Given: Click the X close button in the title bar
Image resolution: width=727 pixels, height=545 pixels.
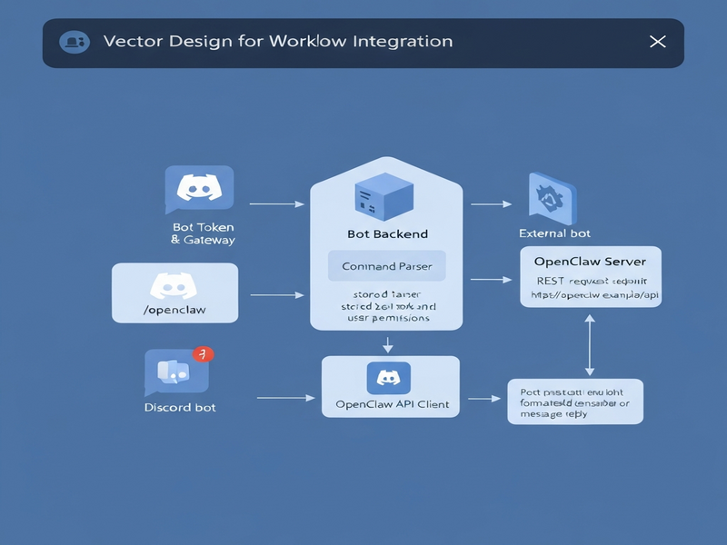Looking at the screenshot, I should point(658,42).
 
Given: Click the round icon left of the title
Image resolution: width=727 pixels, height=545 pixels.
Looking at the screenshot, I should point(73,42).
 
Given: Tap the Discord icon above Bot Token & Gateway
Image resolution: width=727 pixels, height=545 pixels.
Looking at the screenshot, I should point(199,189).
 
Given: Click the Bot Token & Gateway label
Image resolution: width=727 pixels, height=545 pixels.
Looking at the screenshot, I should point(203,233).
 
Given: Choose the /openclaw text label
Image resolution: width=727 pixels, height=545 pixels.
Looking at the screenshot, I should point(174,310).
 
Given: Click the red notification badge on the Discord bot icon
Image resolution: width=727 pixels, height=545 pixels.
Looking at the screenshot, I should point(204,354).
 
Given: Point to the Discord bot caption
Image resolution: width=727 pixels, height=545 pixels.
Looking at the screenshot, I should point(180,407).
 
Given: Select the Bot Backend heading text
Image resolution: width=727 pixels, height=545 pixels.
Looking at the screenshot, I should point(387,233).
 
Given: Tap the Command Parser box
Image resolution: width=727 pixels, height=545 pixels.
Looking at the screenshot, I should point(386,267).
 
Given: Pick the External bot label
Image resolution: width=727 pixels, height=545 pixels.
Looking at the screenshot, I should point(554,233).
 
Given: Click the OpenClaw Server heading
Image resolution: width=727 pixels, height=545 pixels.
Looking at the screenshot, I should point(590,262).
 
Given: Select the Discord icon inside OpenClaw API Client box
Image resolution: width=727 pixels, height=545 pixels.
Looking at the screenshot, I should point(389,377).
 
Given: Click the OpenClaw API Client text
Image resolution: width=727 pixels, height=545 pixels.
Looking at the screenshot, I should point(392,404).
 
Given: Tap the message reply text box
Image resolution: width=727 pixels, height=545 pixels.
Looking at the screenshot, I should point(574,401).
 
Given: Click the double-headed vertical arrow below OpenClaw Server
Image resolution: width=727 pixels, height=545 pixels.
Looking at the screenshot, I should point(590,344).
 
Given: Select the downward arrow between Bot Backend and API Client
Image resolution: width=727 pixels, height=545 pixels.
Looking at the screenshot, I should point(388,344).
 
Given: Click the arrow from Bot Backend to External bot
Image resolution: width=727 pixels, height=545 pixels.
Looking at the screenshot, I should point(491,204).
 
